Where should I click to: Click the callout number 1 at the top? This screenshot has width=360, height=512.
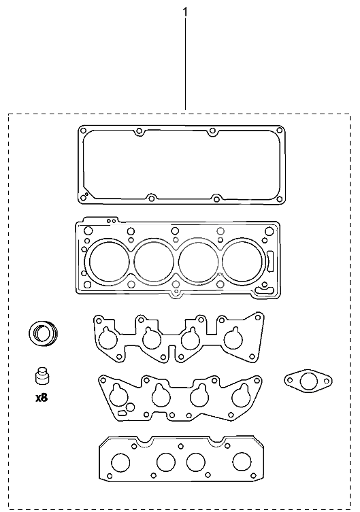pyautogui.click(x=185, y=12)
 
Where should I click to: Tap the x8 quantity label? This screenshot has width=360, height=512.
pyautogui.click(x=42, y=398)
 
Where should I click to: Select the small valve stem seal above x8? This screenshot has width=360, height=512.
pyautogui.click(x=42, y=375)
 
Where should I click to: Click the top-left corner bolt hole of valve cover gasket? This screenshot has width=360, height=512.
pyautogui.click(x=83, y=131)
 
